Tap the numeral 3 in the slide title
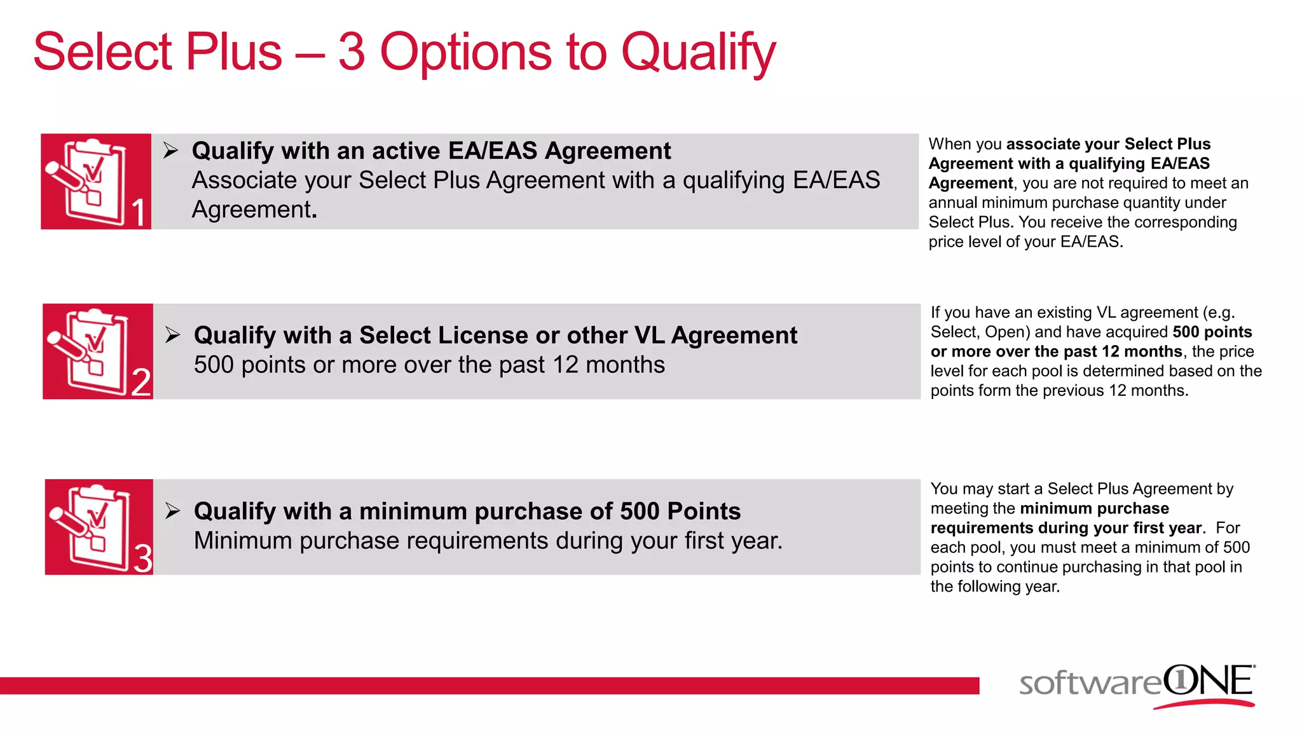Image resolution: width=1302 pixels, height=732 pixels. pos(352,52)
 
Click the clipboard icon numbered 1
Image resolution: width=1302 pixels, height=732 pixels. pos(89,181)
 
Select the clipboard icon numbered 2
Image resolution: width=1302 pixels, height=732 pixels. pos(90,351)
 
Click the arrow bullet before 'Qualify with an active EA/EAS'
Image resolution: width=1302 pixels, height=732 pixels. pos(170,151)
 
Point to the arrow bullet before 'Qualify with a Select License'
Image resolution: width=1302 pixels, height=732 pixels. pos(172,335)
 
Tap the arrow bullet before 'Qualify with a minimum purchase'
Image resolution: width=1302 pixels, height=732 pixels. pos(172,511)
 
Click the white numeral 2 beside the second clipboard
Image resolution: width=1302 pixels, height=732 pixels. pos(141,383)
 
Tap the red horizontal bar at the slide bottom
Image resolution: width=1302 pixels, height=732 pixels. pos(490,686)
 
